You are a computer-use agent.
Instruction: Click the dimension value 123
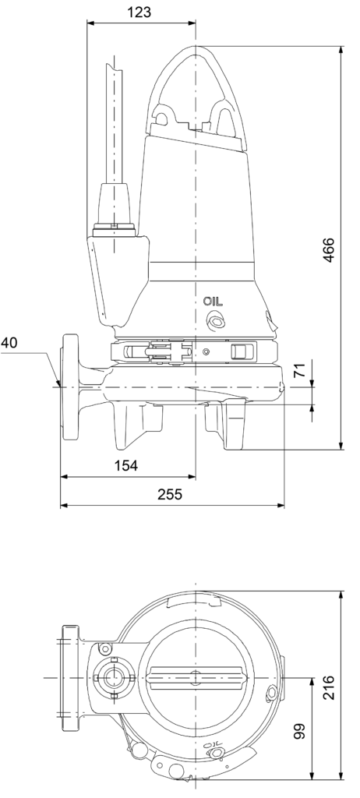(x=139, y=12)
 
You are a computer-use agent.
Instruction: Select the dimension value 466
(x=329, y=249)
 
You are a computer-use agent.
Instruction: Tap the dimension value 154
(x=125, y=466)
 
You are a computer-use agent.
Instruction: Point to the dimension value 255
(x=170, y=494)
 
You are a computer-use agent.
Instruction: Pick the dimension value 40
(x=9, y=343)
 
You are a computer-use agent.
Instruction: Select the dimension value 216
(x=329, y=687)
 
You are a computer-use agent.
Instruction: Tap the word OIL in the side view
(x=213, y=302)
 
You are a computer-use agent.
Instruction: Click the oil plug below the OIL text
(x=214, y=320)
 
